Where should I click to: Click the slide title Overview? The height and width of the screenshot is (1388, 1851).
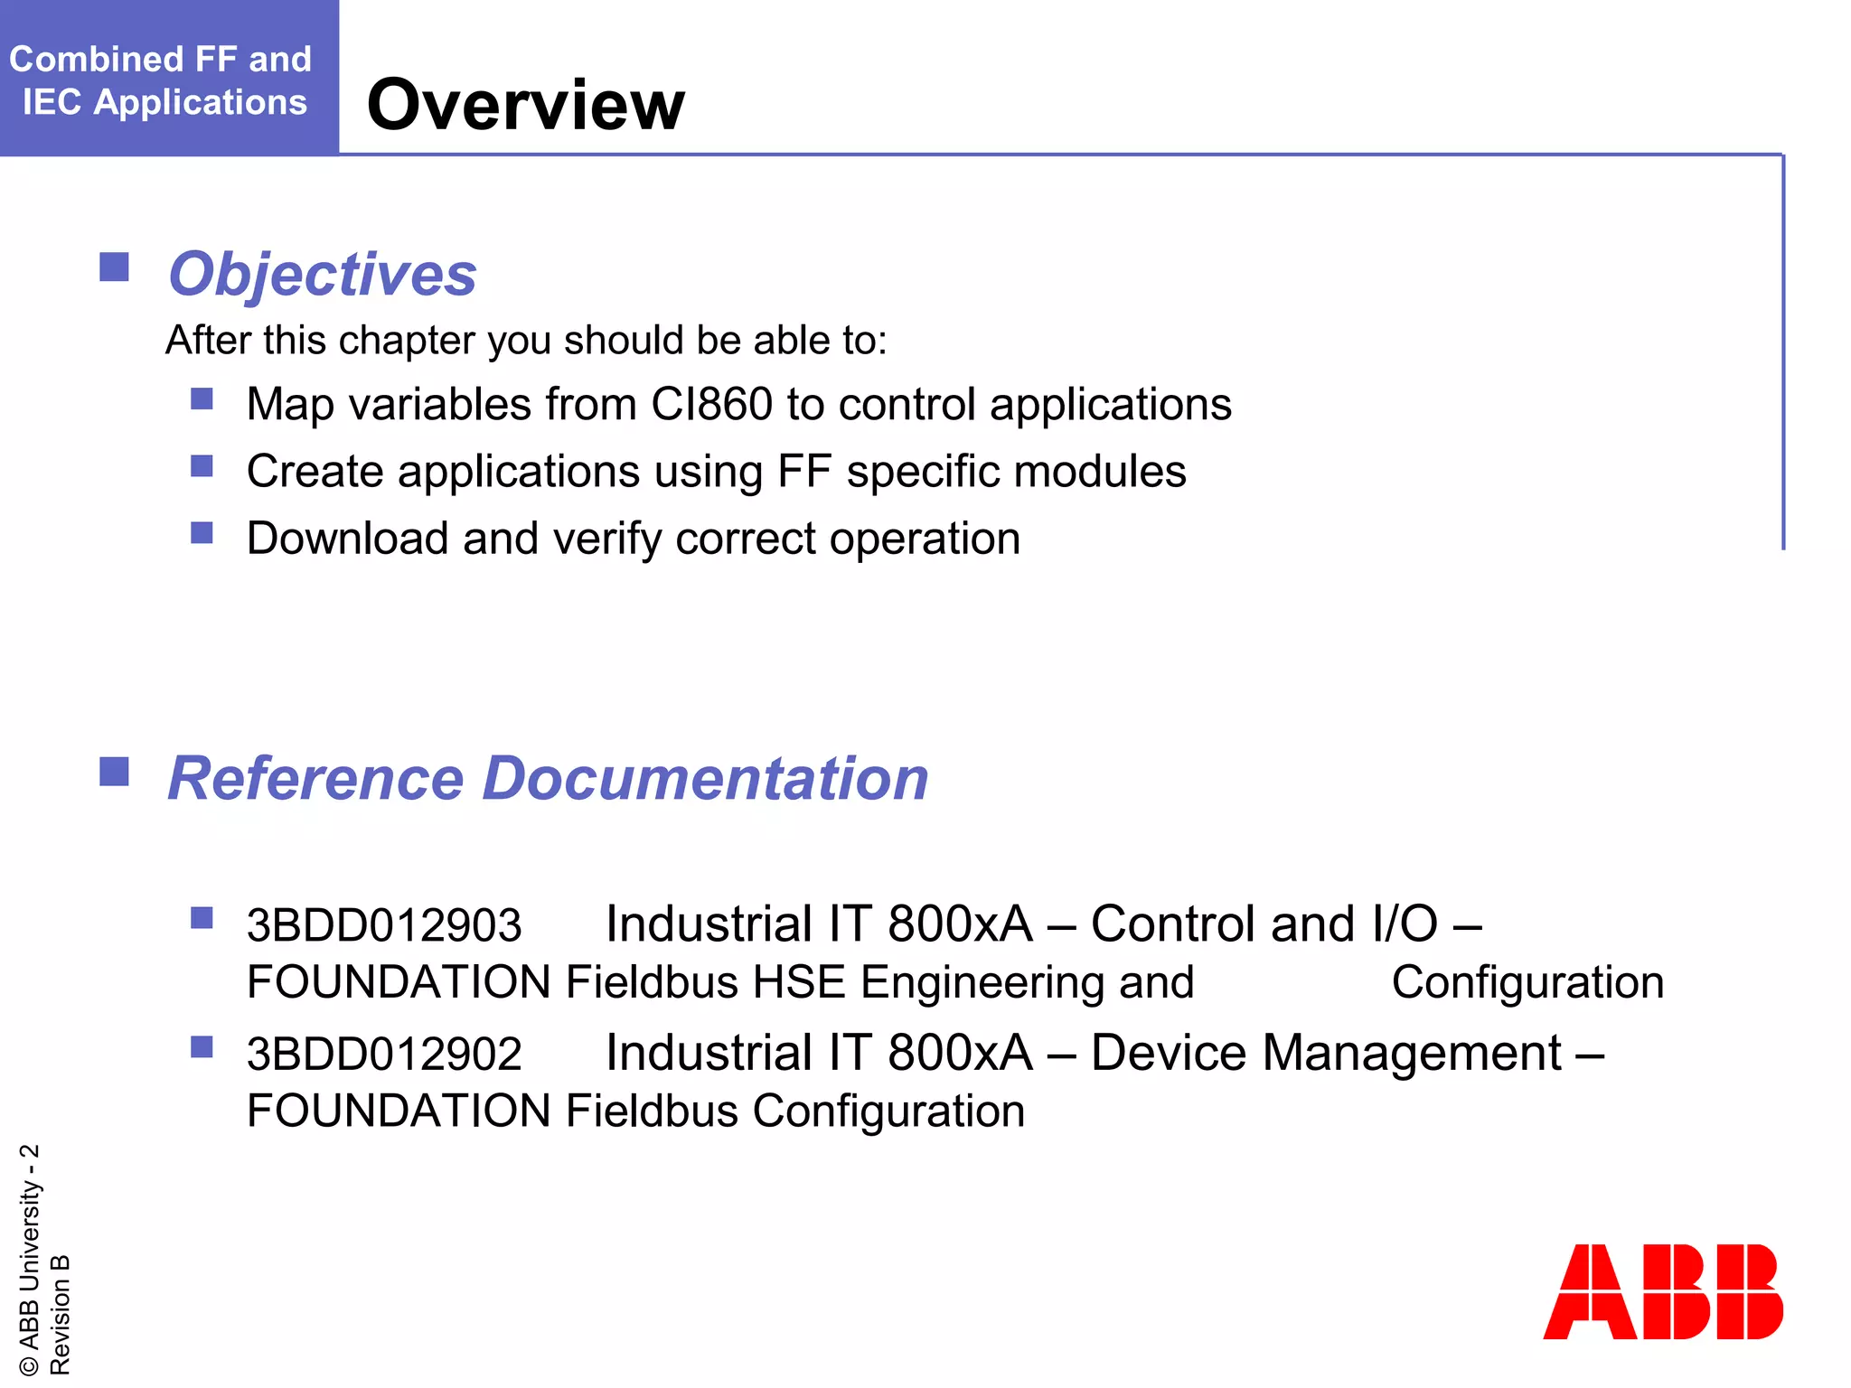(x=525, y=105)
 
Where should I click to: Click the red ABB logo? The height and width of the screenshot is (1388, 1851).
(x=1662, y=1291)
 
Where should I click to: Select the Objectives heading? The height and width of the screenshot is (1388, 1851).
(x=322, y=274)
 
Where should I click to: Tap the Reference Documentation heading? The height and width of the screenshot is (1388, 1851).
(x=548, y=778)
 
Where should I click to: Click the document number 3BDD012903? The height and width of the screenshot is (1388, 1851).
(x=384, y=925)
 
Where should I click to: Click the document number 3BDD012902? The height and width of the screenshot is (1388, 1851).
(x=384, y=1055)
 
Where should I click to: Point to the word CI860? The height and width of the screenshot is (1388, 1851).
(x=711, y=404)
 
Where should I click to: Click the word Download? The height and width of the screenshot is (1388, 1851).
(x=347, y=539)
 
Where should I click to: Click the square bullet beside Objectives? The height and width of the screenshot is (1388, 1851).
(x=114, y=267)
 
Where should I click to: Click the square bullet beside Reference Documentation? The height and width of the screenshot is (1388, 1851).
(x=114, y=772)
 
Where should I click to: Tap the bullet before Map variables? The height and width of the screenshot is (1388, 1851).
(x=202, y=399)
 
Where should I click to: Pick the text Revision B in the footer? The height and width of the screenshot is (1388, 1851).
(x=60, y=1314)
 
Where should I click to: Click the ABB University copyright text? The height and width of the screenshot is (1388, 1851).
(x=29, y=1260)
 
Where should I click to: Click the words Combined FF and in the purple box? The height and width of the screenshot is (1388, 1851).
(x=161, y=60)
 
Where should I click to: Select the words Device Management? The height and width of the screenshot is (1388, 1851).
(x=1326, y=1054)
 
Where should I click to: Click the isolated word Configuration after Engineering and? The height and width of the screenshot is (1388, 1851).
(x=1527, y=982)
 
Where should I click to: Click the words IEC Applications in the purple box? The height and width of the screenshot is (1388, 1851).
(x=164, y=102)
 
